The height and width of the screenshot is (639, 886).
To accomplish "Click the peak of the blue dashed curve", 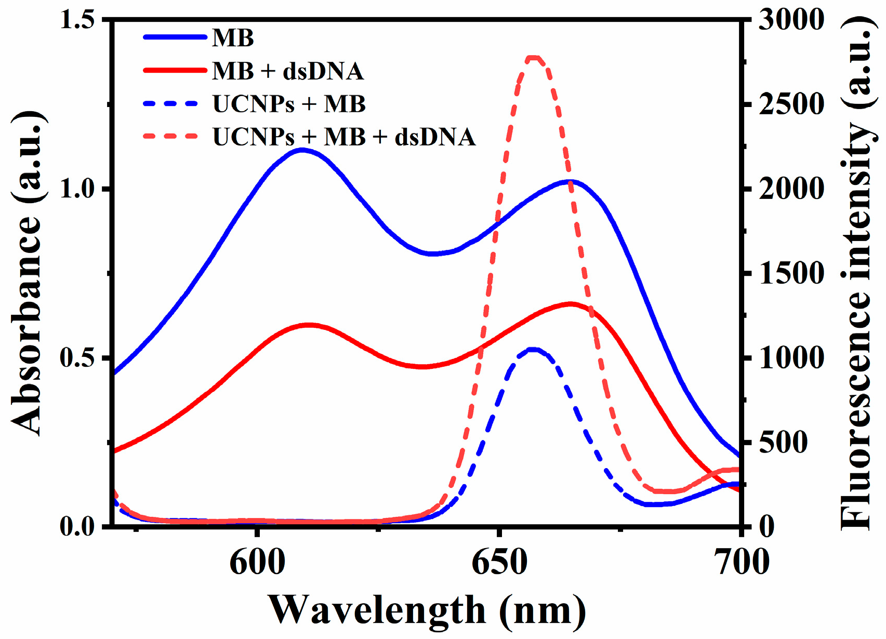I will pyautogui.click(x=533, y=349).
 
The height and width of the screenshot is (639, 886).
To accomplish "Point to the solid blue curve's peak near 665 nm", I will pyautogui.click(x=570, y=181).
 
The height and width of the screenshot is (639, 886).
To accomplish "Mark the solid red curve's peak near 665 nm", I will pyautogui.click(x=571, y=304).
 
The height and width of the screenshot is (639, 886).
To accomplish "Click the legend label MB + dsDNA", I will pyautogui.click(x=287, y=71).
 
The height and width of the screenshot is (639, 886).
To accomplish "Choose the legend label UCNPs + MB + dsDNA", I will pyautogui.click(x=344, y=137).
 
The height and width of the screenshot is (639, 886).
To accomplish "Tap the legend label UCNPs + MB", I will pyautogui.click(x=289, y=104).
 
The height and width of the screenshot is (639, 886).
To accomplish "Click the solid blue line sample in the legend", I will pyautogui.click(x=175, y=37).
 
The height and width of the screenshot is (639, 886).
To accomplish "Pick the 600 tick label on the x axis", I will pyautogui.click(x=257, y=563).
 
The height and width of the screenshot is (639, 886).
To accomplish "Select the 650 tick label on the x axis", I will pyautogui.click(x=499, y=563).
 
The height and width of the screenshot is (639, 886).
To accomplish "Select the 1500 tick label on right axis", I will pyautogui.click(x=791, y=273).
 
